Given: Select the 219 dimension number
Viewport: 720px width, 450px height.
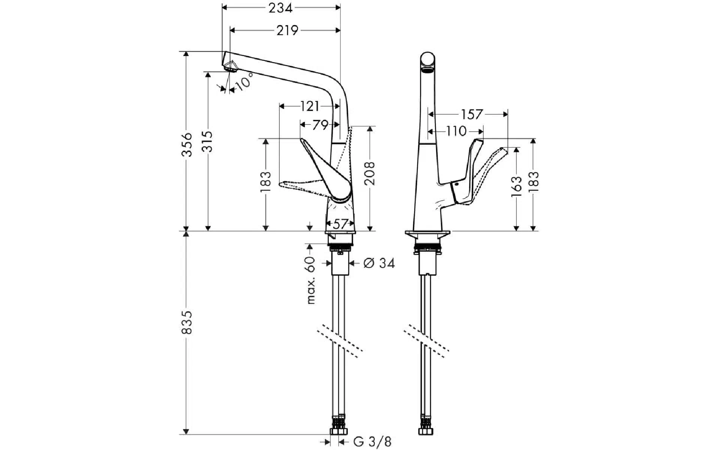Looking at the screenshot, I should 287,31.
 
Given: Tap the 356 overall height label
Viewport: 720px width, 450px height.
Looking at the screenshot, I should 187,145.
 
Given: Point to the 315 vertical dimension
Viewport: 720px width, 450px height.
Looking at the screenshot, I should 208,141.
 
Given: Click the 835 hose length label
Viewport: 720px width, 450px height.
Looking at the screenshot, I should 187,322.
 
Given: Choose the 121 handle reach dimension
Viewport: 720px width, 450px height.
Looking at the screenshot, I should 310,106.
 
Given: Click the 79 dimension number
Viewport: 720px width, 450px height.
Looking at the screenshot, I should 320,124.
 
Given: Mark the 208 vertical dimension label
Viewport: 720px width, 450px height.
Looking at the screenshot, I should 370,173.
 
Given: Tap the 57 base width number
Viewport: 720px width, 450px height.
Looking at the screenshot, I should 340,224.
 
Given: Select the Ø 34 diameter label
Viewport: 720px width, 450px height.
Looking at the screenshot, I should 379,263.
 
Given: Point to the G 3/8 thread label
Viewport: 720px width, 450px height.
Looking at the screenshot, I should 372,442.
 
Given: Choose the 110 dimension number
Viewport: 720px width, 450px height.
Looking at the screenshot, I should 457,131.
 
